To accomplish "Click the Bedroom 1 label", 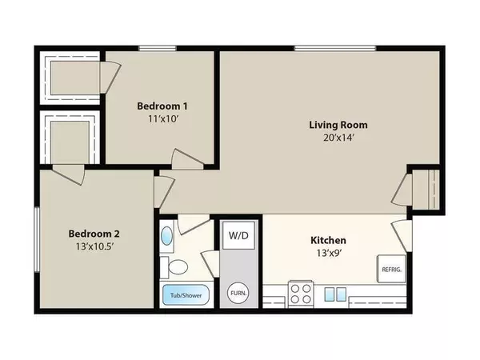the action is coord(162,106).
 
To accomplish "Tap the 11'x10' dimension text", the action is coord(163,118).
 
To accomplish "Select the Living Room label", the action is coord(338,125).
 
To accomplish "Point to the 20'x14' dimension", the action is coord(338,138).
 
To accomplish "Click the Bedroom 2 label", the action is coord(94,234).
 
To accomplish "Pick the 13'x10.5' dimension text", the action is coord(94,246).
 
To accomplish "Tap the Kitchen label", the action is coord(329,240).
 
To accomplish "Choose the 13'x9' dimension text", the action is coord(329,253).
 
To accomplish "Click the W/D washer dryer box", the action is coord(238,235).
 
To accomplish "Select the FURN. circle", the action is coord(238,293).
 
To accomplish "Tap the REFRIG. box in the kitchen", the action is coord(391,269).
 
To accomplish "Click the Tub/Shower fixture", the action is coord(186,295).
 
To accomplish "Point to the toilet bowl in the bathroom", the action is coord(178,267).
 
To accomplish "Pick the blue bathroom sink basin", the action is coord(166,235).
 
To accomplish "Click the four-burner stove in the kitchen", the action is coord(301,294).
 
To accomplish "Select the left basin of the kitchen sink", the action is coord(330,294).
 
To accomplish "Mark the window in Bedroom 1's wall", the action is coord(158,48).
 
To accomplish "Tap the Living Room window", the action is coord(335,48).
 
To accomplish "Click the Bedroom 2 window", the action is coord(37,239).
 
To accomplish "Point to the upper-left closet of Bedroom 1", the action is coord(70,78).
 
